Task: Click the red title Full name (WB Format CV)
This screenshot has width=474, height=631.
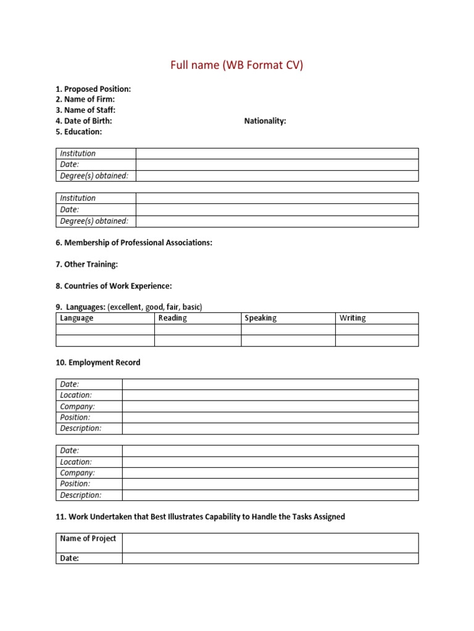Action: point(237,65)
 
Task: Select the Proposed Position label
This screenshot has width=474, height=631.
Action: point(93,89)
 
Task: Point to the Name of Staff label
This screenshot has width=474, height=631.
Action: point(86,110)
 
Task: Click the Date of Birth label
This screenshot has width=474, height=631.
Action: point(84,121)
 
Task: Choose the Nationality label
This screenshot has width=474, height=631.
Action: point(265,121)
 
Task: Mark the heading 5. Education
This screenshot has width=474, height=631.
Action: point(79,131)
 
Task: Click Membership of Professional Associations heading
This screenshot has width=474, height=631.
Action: point(134,243)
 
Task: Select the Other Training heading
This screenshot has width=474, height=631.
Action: point(86,264)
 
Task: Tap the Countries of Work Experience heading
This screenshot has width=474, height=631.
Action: point(114,286)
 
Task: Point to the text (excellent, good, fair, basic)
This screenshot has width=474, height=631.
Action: point(155,307)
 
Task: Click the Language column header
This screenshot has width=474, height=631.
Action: point(77,318)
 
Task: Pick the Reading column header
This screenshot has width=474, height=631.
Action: point(173,318)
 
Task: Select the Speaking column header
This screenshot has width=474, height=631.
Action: point(260,318)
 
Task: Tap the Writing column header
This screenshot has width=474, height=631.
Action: point(352,318)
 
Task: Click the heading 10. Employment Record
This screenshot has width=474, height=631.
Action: point(98,362)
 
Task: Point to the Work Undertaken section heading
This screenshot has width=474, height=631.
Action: point(200,516)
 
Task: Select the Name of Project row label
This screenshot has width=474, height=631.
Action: point(88,539)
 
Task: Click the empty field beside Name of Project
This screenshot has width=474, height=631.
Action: point(270,543)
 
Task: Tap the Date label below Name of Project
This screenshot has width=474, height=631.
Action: point(70,558)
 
